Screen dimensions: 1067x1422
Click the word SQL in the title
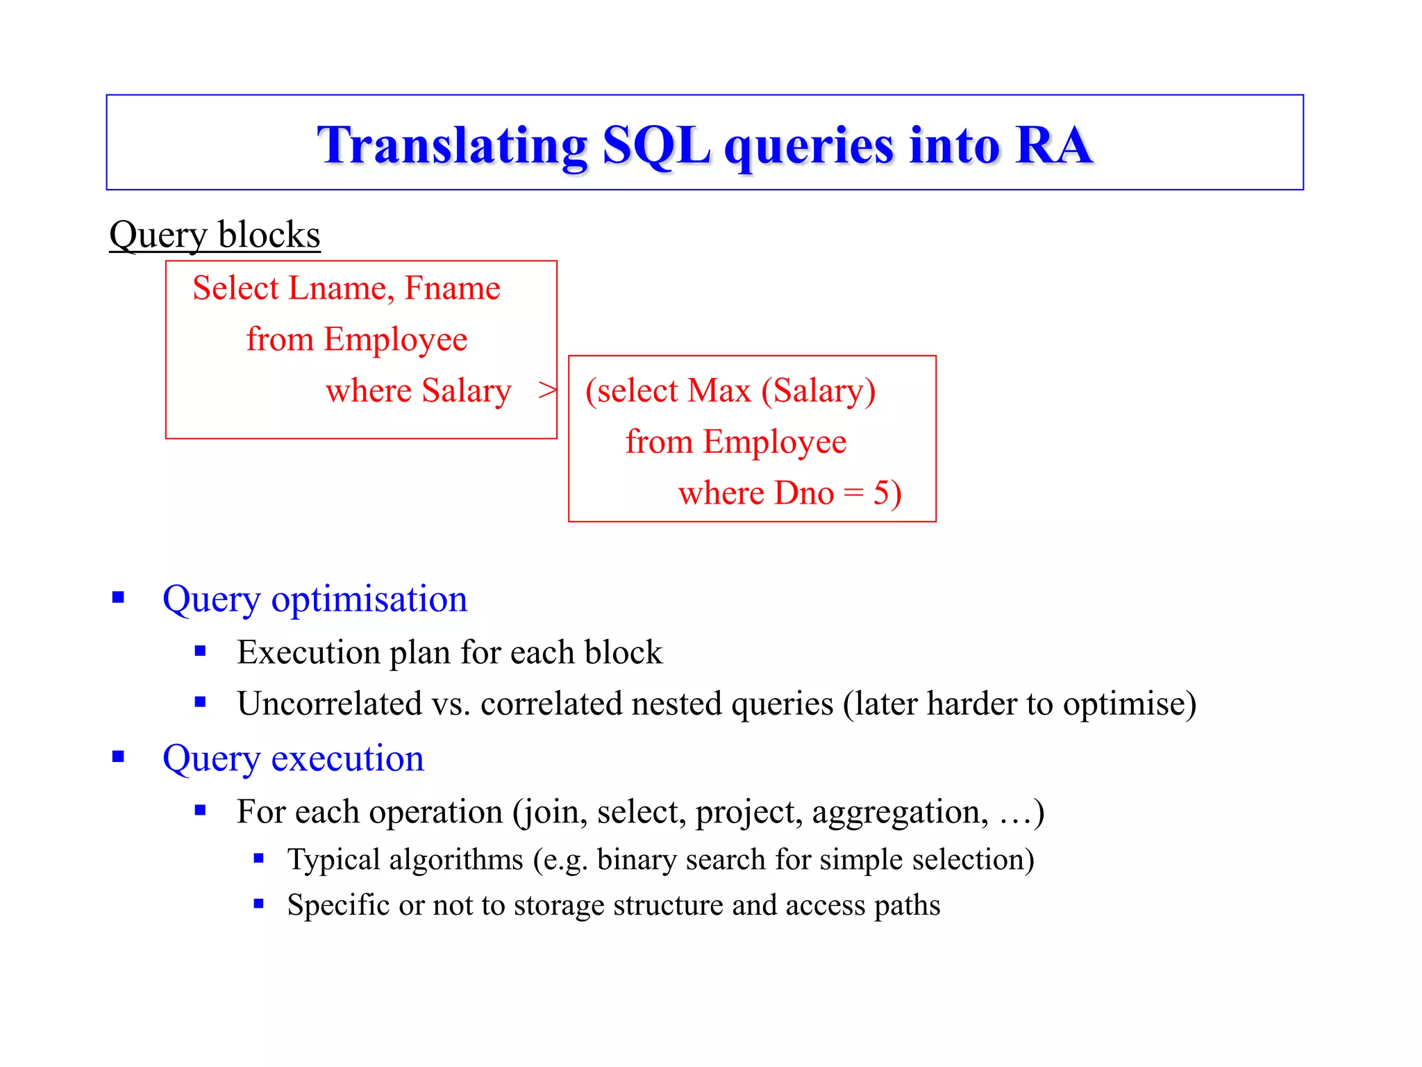[655, 146]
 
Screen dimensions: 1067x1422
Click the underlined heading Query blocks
[215, 235]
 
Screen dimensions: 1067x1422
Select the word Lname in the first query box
[339, 288]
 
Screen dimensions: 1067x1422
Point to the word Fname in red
[452, 288]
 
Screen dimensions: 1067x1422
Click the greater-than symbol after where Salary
[547, 390]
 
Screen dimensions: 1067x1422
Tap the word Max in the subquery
[719, 390]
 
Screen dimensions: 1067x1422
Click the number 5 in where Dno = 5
[880, 493]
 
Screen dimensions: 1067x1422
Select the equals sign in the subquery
[853, 494]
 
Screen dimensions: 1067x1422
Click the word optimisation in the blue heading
[369, 599]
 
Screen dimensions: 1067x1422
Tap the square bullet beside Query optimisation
[118, 597]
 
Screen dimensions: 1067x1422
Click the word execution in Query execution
[347, 758]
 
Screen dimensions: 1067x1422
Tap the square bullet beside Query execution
[118, 756]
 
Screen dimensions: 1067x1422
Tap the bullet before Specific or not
[258, 904]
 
